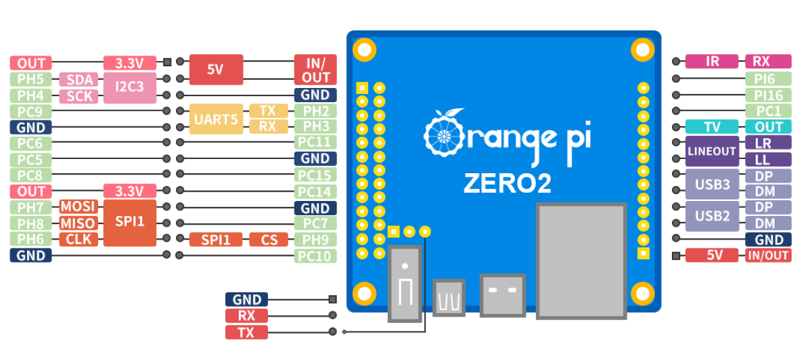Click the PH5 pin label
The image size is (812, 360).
click(x=30, y=79)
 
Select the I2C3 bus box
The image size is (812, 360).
click(x=129, y=87)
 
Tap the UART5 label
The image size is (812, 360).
click(x=216, y=119)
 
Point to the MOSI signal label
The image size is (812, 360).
click(x=78, y=207)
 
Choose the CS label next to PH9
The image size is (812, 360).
click(x=269, y=240)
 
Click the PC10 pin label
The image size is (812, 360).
click(x=315, y=256)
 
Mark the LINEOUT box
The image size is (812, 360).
click(x=711, y=151)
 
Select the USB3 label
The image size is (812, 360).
click(x=711, y=183)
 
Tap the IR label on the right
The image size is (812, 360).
click(x=711, y=62)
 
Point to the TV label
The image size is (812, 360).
click(x=711, y=127)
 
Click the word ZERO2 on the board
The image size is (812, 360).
click(x=507, y=183)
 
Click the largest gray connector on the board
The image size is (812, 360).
click(x=581, y=260)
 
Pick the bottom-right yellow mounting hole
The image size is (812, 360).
click(x=641, y=293)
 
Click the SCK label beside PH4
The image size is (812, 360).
click(x=78, y=96)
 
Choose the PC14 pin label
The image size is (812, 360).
click(x=315, y=192)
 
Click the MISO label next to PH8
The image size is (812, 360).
click(x=78, y=223)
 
